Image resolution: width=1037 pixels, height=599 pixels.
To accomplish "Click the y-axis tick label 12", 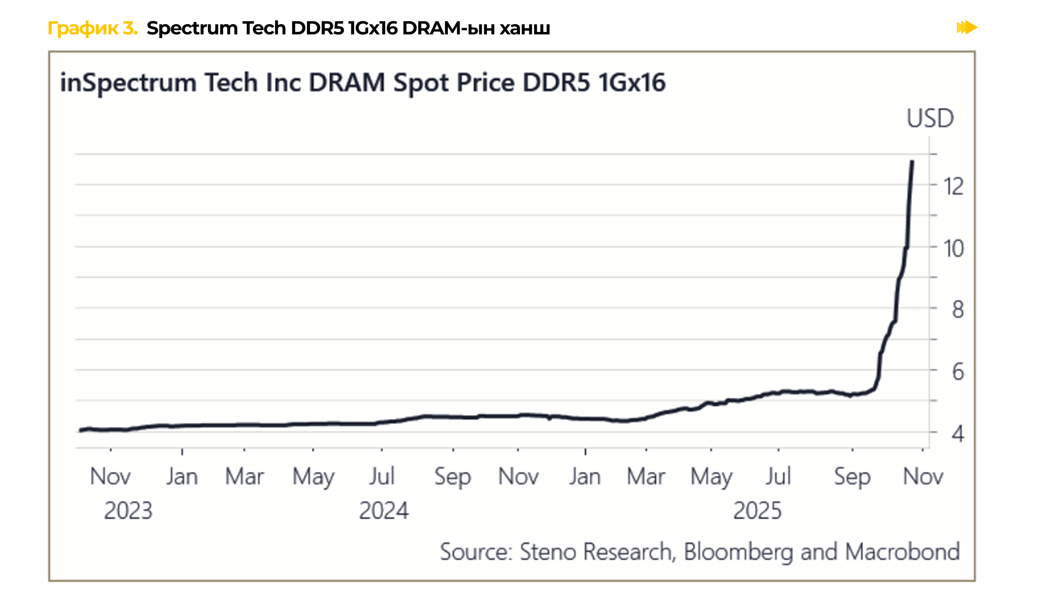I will click(x=954, y=186).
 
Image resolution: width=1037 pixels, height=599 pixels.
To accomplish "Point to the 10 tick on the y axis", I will click(x=954, y=248).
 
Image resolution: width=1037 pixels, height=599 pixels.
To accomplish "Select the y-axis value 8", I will click(x=957, y=310).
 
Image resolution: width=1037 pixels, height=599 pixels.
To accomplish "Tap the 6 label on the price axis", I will click(x=957, y=372).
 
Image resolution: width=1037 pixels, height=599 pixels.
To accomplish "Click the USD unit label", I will click(x=930, y=118).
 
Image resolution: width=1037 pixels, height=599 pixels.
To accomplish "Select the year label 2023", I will click(x=128, y=511).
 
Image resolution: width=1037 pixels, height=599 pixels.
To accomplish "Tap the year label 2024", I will click(x=384, y=511).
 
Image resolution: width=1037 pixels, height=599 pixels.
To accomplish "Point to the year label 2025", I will click(x=757, y=511).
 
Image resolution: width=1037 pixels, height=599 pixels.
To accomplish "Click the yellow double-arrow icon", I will click(x=966, y=28).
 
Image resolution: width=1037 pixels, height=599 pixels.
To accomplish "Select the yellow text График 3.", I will click(x=92, y=28).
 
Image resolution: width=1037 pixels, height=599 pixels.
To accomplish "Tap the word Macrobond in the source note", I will click(x=902, y=552).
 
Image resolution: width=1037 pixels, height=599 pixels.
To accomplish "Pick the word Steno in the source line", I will click(x=548, y=552).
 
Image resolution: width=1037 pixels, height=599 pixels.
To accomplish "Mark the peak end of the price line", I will click(x=912, y=162).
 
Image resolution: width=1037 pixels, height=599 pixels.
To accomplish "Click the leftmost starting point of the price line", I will click(x=80, y=430).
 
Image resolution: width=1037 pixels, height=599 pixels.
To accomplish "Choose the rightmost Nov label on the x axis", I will click(x=923, y=476).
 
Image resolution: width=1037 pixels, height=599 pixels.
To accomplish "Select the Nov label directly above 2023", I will click(x=110, y=476).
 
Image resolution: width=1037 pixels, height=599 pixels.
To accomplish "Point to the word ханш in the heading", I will click(x=525, y=28).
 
